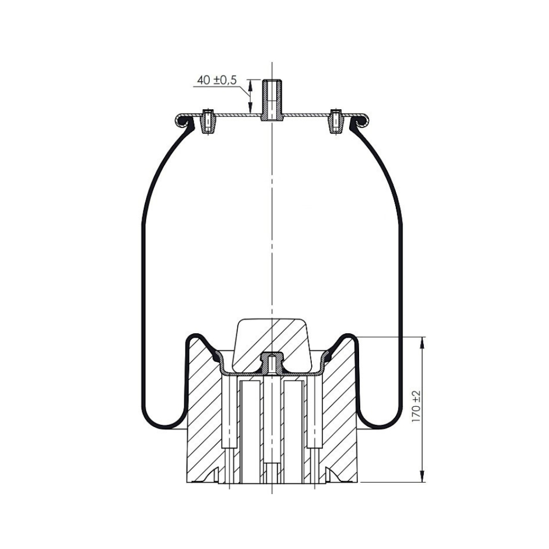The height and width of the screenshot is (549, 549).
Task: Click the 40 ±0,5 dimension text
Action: tap(217, 80)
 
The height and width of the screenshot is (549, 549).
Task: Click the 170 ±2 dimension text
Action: tap(416, 406)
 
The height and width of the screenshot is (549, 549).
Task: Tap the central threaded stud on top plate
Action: tap(272, 100)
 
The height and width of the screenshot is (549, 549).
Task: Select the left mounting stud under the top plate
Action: tap(209, 121)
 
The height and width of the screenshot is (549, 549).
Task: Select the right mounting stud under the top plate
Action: tap(335, 121)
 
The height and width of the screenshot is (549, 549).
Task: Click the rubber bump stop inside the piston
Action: tap(272, 345)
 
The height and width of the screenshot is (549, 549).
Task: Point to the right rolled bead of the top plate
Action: tap(359, 120)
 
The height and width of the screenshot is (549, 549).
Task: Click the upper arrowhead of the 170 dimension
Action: tap(423, 344)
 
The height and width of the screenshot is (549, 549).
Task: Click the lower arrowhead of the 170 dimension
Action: tap(423, 475)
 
